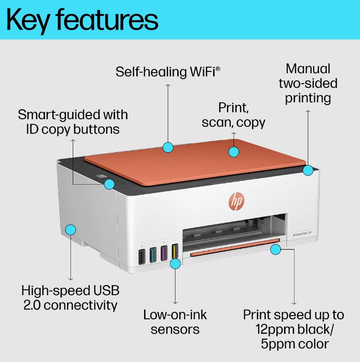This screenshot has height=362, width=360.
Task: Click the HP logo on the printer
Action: pyautogui.click(x=236, y=201)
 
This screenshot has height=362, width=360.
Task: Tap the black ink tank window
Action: pyautogui.click(x=142, y=256)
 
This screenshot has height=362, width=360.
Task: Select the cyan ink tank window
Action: pyautogui.click(x=153, y=255)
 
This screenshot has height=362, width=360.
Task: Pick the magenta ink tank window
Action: pyautogui.click(x=164, y=253)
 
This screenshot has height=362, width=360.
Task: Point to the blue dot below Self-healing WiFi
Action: pyautogui.click(x=168, y=147)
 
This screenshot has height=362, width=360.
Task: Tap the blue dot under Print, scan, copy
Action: pyautogui.click(x=234, y=152)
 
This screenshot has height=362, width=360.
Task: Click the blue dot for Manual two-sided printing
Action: pyautogui.click(x=308, y=171)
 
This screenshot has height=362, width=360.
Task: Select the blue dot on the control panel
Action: pyautogui.click(x=109, y=184)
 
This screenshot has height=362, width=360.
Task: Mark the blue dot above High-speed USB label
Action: pyautogui.click(x=70, y=230)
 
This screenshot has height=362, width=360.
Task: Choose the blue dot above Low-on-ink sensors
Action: pyautogui.click(x=175, y=264)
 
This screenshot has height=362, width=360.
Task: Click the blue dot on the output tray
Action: pyautogui.click(x=275, y=249)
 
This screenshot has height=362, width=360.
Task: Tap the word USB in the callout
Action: pyautogui.click(x=106, y=291)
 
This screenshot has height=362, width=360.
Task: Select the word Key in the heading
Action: pyautogui.click(x=28, y=21)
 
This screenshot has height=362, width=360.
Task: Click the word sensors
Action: pyautogui.click(x=175, y=330)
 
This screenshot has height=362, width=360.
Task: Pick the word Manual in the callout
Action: pyautogui.click(x=308, y=69)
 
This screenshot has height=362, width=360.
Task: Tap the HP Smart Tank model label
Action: pyautogui.click(x=302, y=234)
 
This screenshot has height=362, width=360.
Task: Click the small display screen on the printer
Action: pyautogui.click(x=101, y=176)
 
